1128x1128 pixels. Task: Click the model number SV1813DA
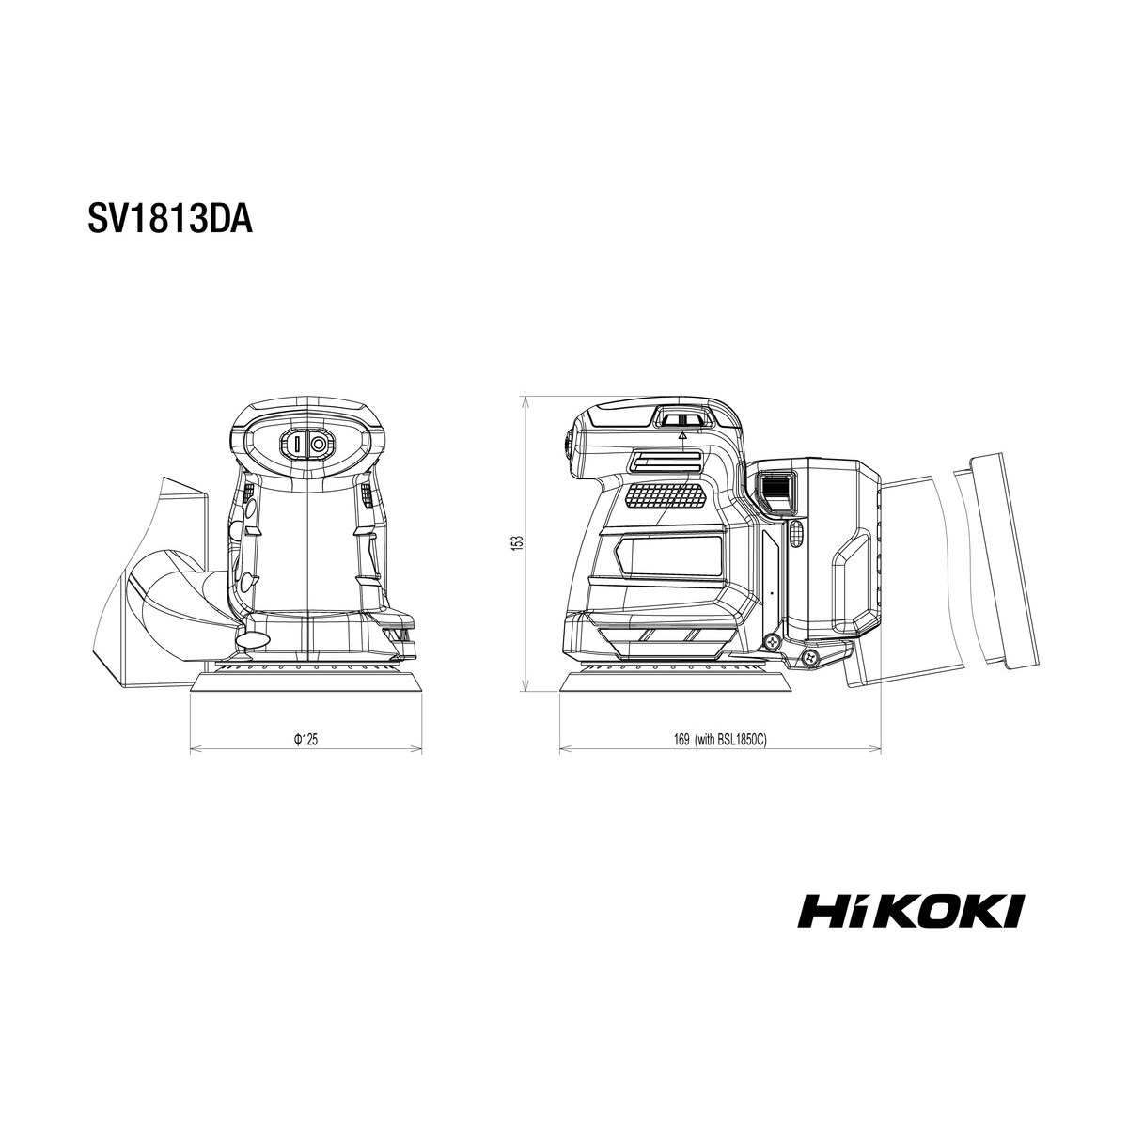[x=170, y=220]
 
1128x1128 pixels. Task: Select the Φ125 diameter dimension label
[x=305, y=740]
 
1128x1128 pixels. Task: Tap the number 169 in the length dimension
[x=681, y=740]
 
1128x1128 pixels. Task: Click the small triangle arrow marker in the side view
[x=682, y=435]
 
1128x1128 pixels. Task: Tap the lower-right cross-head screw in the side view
[x=811, y=657]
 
